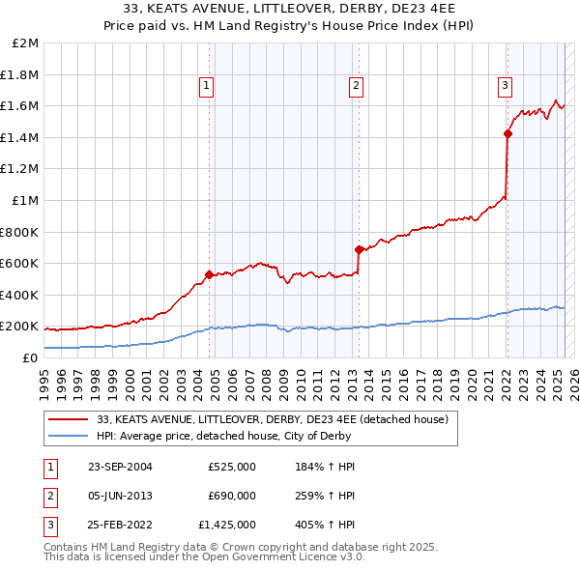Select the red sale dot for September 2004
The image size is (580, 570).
click(210, 274)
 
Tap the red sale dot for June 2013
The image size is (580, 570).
click(359, 248)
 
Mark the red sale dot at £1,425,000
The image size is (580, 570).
click(507, 134)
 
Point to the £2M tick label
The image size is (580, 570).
click(26, 43)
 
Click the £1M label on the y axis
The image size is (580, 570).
click(26, 200)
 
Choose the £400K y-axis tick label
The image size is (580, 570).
click(20, 295)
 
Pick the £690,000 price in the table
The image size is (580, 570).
click(232, 496)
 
